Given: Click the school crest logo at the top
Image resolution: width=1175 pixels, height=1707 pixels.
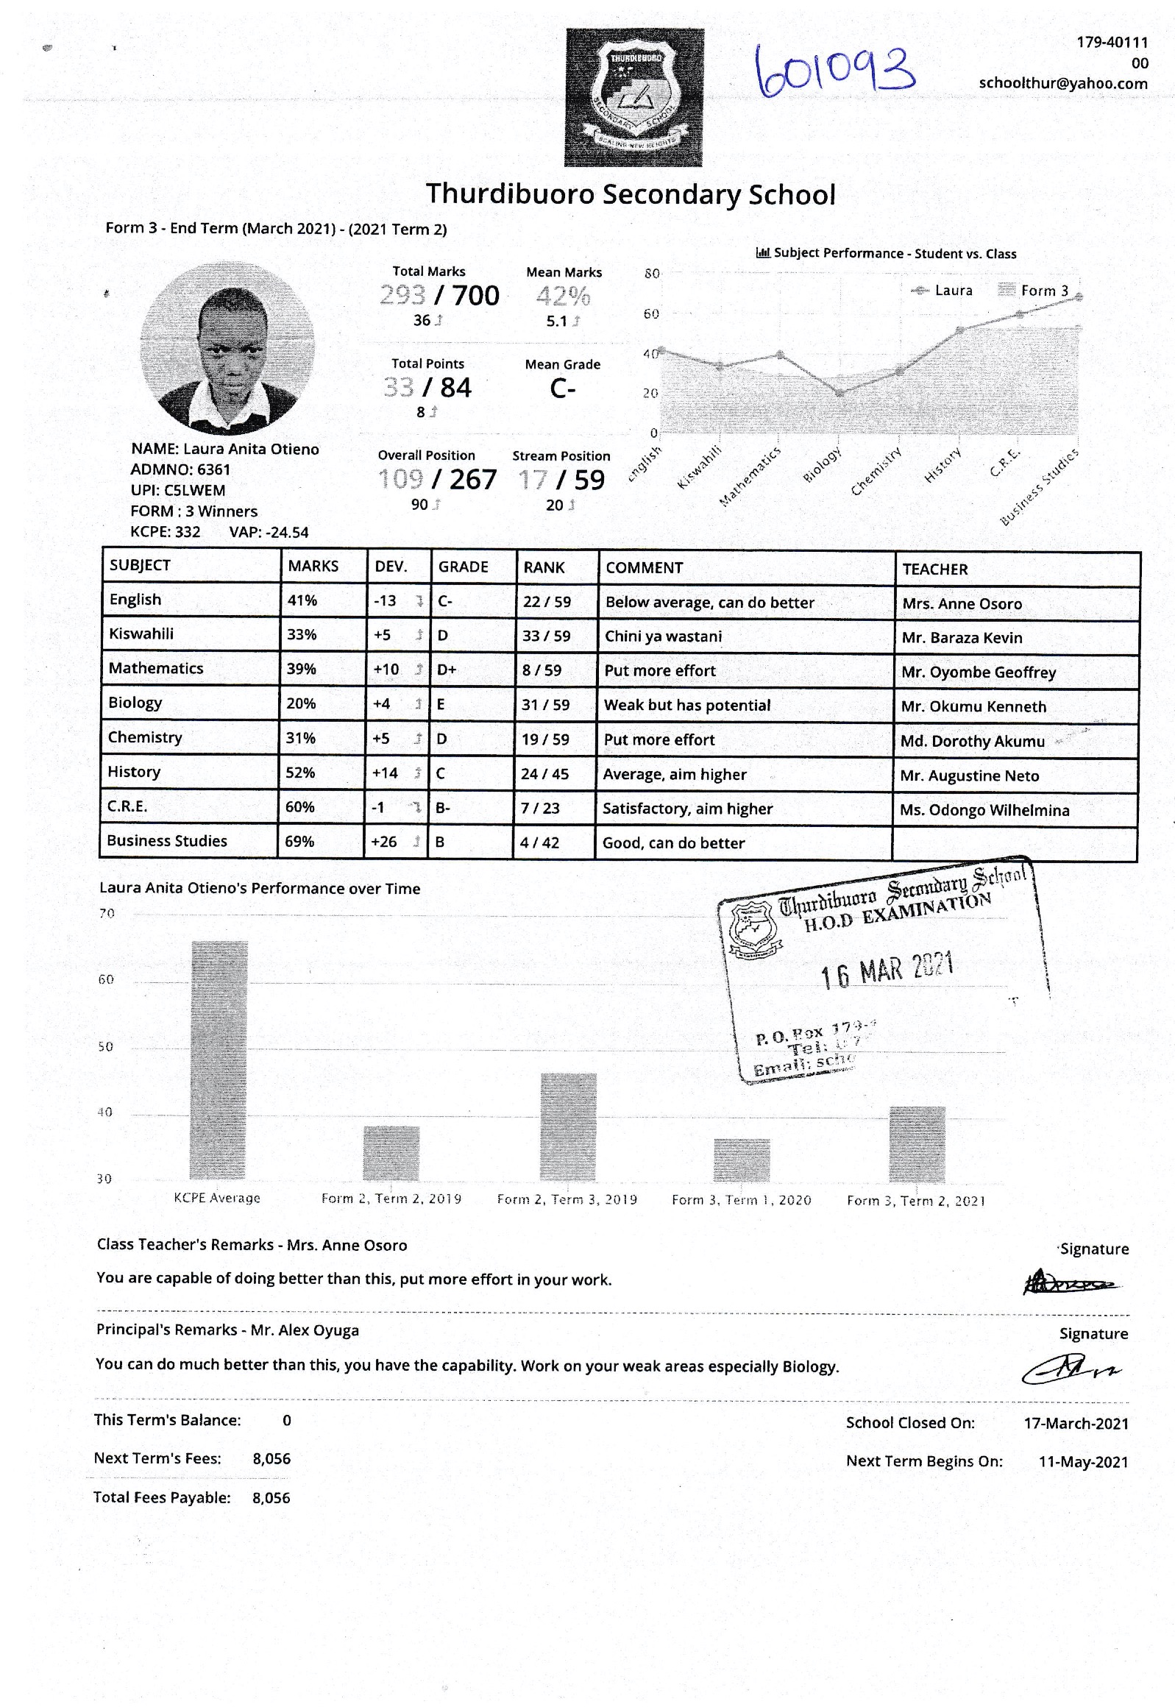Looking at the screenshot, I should tap(633, 97).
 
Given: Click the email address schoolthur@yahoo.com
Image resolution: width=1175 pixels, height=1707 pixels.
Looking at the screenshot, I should tap(1062, 83).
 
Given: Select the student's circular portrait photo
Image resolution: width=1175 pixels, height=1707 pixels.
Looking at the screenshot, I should tap(227, 347).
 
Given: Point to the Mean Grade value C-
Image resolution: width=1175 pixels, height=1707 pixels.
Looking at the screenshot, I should tap(562, 388).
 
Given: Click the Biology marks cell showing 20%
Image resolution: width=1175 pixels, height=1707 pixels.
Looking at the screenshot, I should tap(301, 703).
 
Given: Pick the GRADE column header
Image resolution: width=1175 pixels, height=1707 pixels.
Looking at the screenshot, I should tap(463, 567).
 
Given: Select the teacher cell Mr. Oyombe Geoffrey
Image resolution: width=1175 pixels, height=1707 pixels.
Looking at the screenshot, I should tap(979, 672).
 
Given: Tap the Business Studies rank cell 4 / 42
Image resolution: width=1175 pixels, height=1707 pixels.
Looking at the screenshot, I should tap(539, 842).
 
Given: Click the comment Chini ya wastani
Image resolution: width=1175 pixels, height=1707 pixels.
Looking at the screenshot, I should tap(663, 636).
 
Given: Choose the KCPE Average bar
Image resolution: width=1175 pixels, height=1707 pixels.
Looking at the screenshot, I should tap(219, 1060).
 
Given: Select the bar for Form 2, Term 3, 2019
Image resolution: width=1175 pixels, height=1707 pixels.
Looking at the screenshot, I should tap(568, 1126).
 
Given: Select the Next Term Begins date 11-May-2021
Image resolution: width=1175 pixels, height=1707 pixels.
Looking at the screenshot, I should tap(1083, 1462).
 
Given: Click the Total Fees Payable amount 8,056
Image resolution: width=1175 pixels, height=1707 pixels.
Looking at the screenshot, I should tap(271, 1498).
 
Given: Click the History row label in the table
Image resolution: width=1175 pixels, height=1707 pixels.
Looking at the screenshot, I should tap(134, 772).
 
